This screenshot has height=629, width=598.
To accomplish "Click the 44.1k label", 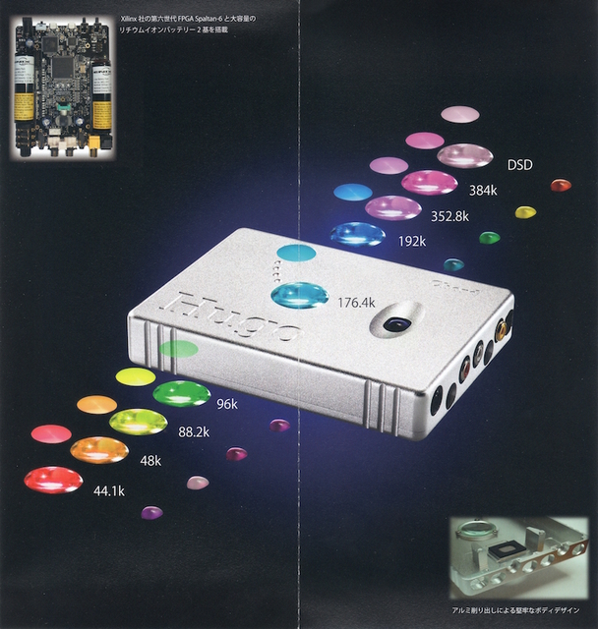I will (x=108, y=491).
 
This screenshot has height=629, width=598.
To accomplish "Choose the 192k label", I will (x=412, y=241).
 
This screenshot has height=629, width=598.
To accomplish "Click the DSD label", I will (x=519, y=164).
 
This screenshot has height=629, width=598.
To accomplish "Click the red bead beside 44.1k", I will (x=53, y=480).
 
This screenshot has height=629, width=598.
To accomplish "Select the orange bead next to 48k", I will (x=99, y=450).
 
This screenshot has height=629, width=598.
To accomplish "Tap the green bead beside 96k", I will (x=182, y=393).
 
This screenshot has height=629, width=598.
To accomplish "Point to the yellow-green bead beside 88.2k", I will (x=138, y=422).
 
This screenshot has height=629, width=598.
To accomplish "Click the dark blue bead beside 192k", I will (x=358, y=234).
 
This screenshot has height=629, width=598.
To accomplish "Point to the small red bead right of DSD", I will (x=561, y=185).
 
